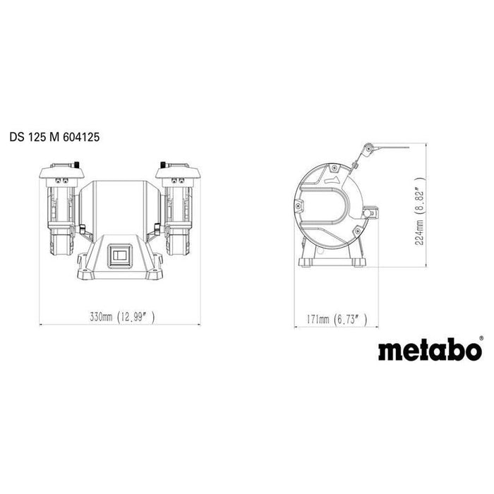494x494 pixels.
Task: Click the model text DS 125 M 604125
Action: (x=54, y=138)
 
